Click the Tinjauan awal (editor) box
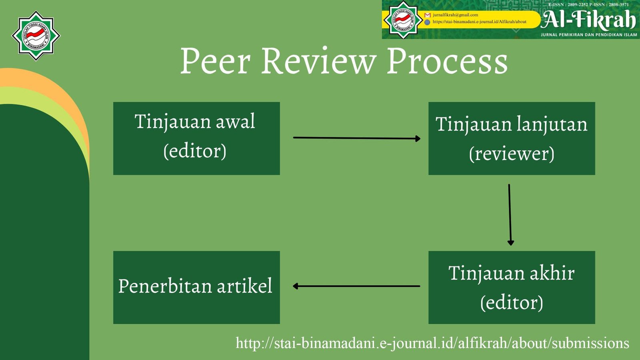[196, 138]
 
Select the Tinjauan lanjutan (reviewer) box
[512, 138]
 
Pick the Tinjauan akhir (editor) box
[512, 287]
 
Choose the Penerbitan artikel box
[196, 287]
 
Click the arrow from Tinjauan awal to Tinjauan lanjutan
[356, 138]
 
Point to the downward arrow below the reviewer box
[510, 214]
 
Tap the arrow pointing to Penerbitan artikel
[356, 286]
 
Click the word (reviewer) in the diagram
[512, 154]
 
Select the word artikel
[244, 286]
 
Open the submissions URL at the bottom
[432, 343]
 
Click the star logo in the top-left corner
[36, 36]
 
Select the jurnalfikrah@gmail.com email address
[455, 15]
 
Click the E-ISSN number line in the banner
[588, 4]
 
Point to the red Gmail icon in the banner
[427, 15]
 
